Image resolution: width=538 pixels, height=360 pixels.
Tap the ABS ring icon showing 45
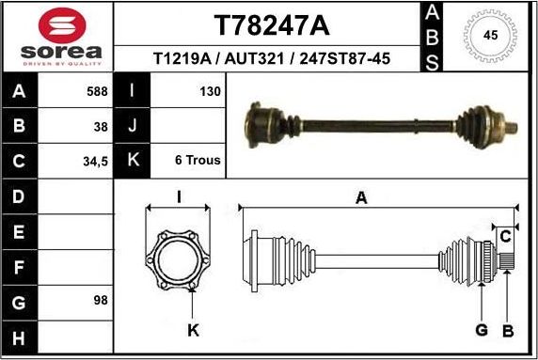[x=489, y=37]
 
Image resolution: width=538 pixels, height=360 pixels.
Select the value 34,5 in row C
[x=96, y=160]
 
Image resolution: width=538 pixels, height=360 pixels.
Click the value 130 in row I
[x=210, y=91]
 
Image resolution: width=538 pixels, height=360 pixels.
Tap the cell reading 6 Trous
[x=198, y=160]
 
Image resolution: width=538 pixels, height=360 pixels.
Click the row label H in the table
[x=20, y=336]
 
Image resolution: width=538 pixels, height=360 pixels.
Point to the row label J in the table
[x=132, y=125]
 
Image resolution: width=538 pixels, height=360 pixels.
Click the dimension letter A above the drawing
[x=361, y=196]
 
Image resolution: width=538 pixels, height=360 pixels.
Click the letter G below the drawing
[x=481, y=330]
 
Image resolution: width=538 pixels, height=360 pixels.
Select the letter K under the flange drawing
[x=193, y=330]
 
